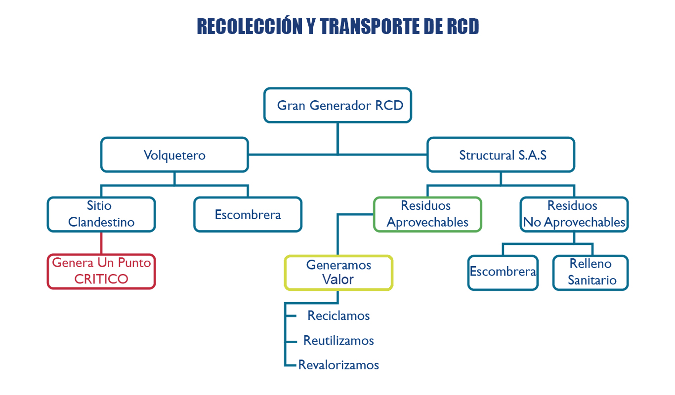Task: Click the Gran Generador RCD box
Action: [337, 105]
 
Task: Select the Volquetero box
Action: [174, 155]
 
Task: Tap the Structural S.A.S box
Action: [501, 155]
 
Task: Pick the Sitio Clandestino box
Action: [101, 214]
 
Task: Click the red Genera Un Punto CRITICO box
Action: [101, 271]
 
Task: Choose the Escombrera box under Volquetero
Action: [248, 215]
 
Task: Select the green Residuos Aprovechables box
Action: [427, 214]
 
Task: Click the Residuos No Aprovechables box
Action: [574, 214]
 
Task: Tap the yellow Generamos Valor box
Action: [338, 273]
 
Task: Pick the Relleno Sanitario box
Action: [590, 273]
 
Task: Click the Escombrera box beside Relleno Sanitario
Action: [503, 272]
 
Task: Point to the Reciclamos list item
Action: [338, 316]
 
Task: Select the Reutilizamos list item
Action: [338, 341]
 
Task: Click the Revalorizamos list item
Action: [338, 365]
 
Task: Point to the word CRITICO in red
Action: [101, 279]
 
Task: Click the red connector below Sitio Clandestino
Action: [101, 242]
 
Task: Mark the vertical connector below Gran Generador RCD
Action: [337, 138]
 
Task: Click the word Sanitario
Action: [592, 280]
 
